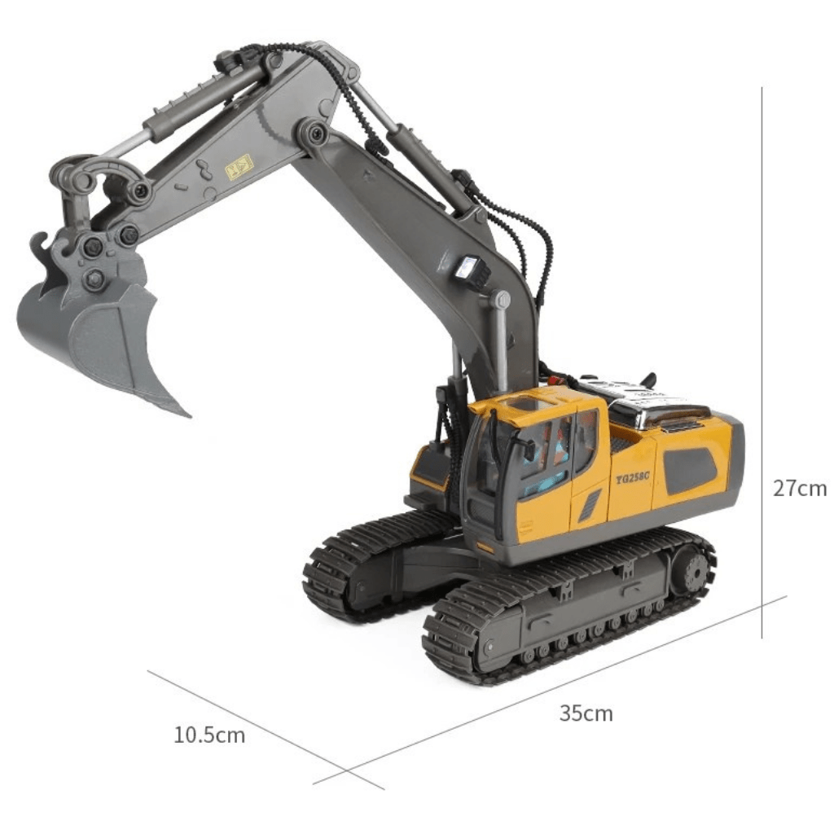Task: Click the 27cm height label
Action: [799, 488]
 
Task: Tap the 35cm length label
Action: [586, 713]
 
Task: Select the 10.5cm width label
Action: [209, 735]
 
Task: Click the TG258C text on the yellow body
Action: [632, 478]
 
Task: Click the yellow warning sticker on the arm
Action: [239, 166]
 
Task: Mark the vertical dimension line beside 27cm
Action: [762, 358]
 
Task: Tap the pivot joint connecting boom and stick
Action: [313, 132]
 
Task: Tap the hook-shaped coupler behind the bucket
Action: [41, 248]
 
